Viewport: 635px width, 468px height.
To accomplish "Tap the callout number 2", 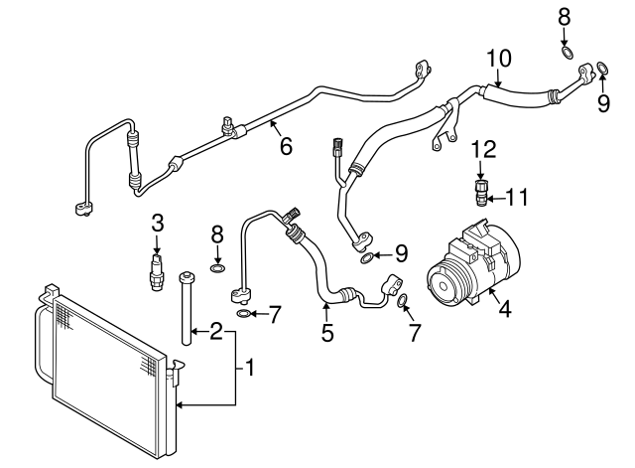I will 214,332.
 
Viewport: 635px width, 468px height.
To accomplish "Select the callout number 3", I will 157,222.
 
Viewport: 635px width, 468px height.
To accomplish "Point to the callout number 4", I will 504,309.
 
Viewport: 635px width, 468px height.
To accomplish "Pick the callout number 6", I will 286,146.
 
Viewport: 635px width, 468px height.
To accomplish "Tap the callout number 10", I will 498,59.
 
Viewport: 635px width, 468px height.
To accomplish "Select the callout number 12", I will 482,150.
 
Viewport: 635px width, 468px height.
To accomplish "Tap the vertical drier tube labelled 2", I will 186,307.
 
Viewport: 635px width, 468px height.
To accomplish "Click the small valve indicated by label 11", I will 482,191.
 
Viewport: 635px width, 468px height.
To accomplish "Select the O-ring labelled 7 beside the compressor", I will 404,300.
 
